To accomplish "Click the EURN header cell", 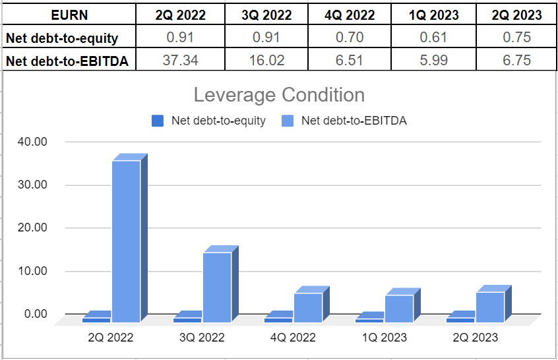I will point(69,15).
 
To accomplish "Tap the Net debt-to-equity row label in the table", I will point(62,38).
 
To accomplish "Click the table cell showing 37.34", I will point(180,61).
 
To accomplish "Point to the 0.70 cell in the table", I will point(350,38).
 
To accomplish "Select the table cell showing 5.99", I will point(432,61).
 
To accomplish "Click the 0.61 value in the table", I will point(432,38).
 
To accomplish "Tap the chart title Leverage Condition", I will point(279,95).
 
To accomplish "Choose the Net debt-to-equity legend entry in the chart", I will point(210,121).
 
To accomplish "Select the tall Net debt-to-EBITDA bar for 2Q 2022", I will point(126,241).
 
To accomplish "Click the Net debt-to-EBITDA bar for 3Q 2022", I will point(217,287).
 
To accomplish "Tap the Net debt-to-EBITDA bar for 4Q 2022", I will point(308,307).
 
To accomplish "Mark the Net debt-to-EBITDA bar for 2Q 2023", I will point(490,307).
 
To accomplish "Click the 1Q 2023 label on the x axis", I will point(384,338).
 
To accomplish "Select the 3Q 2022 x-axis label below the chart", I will point(202,338).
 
